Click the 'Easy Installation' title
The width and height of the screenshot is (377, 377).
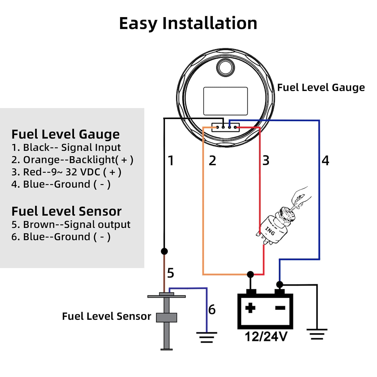[x=188, y=23]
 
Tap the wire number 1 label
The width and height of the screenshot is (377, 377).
[x=171, y=161]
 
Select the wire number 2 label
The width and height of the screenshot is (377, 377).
[x=212, y=161]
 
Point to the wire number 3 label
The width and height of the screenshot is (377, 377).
[x=266, y=161]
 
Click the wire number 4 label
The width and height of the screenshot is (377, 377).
[x=325, y=161]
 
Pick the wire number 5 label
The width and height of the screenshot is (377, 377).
[x=171, y=273]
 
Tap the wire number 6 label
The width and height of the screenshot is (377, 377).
[x=212, y=309]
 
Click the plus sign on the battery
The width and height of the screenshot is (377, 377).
[x=250, y=308]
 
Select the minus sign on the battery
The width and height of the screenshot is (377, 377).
[x=280, y=308]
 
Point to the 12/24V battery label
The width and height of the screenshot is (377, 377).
[x=266, y=337]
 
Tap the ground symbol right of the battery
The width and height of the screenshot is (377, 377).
[x=317, y=335]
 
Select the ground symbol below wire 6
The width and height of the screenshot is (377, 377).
[x=207, y=338]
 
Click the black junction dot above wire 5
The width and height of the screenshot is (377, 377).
[x=164, y=251]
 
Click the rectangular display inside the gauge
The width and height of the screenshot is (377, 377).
[x=225, y=101]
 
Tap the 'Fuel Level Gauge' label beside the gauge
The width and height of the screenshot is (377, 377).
[x=321, y=88]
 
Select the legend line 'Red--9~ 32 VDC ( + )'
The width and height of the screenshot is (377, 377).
[x=66, y=172]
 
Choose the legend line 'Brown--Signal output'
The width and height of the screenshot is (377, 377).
[x=71, y=225]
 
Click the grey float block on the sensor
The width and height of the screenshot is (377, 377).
[x=166, y=317]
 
